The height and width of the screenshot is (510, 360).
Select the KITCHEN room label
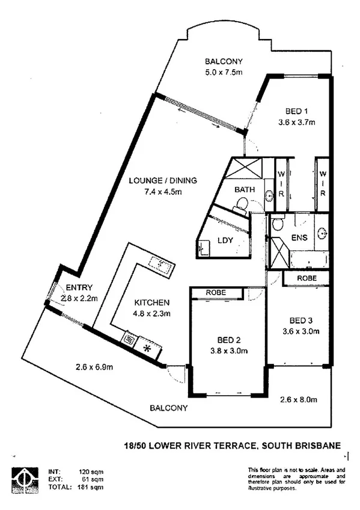coord(151,303)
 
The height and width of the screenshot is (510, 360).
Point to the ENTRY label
coord(79,287)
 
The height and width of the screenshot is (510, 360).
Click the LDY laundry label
coord(226,241)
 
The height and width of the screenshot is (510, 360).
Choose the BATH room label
coord(245,190)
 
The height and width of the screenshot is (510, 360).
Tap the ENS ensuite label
coord(299,237)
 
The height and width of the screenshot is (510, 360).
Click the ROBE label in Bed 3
coord(307,278)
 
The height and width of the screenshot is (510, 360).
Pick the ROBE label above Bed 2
coord(215,293)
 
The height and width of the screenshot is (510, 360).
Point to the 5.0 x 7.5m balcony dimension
coord(224,72)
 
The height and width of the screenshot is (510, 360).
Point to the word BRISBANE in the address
coord(319,446)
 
